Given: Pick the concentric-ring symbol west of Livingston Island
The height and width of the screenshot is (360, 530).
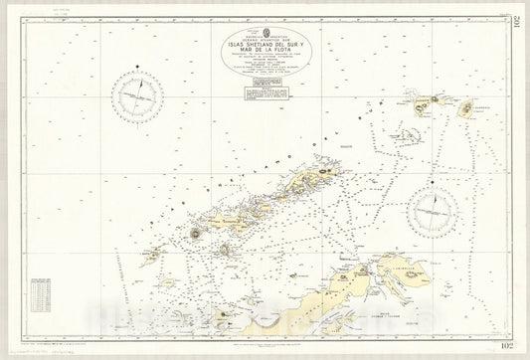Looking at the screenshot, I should click(195, 234).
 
